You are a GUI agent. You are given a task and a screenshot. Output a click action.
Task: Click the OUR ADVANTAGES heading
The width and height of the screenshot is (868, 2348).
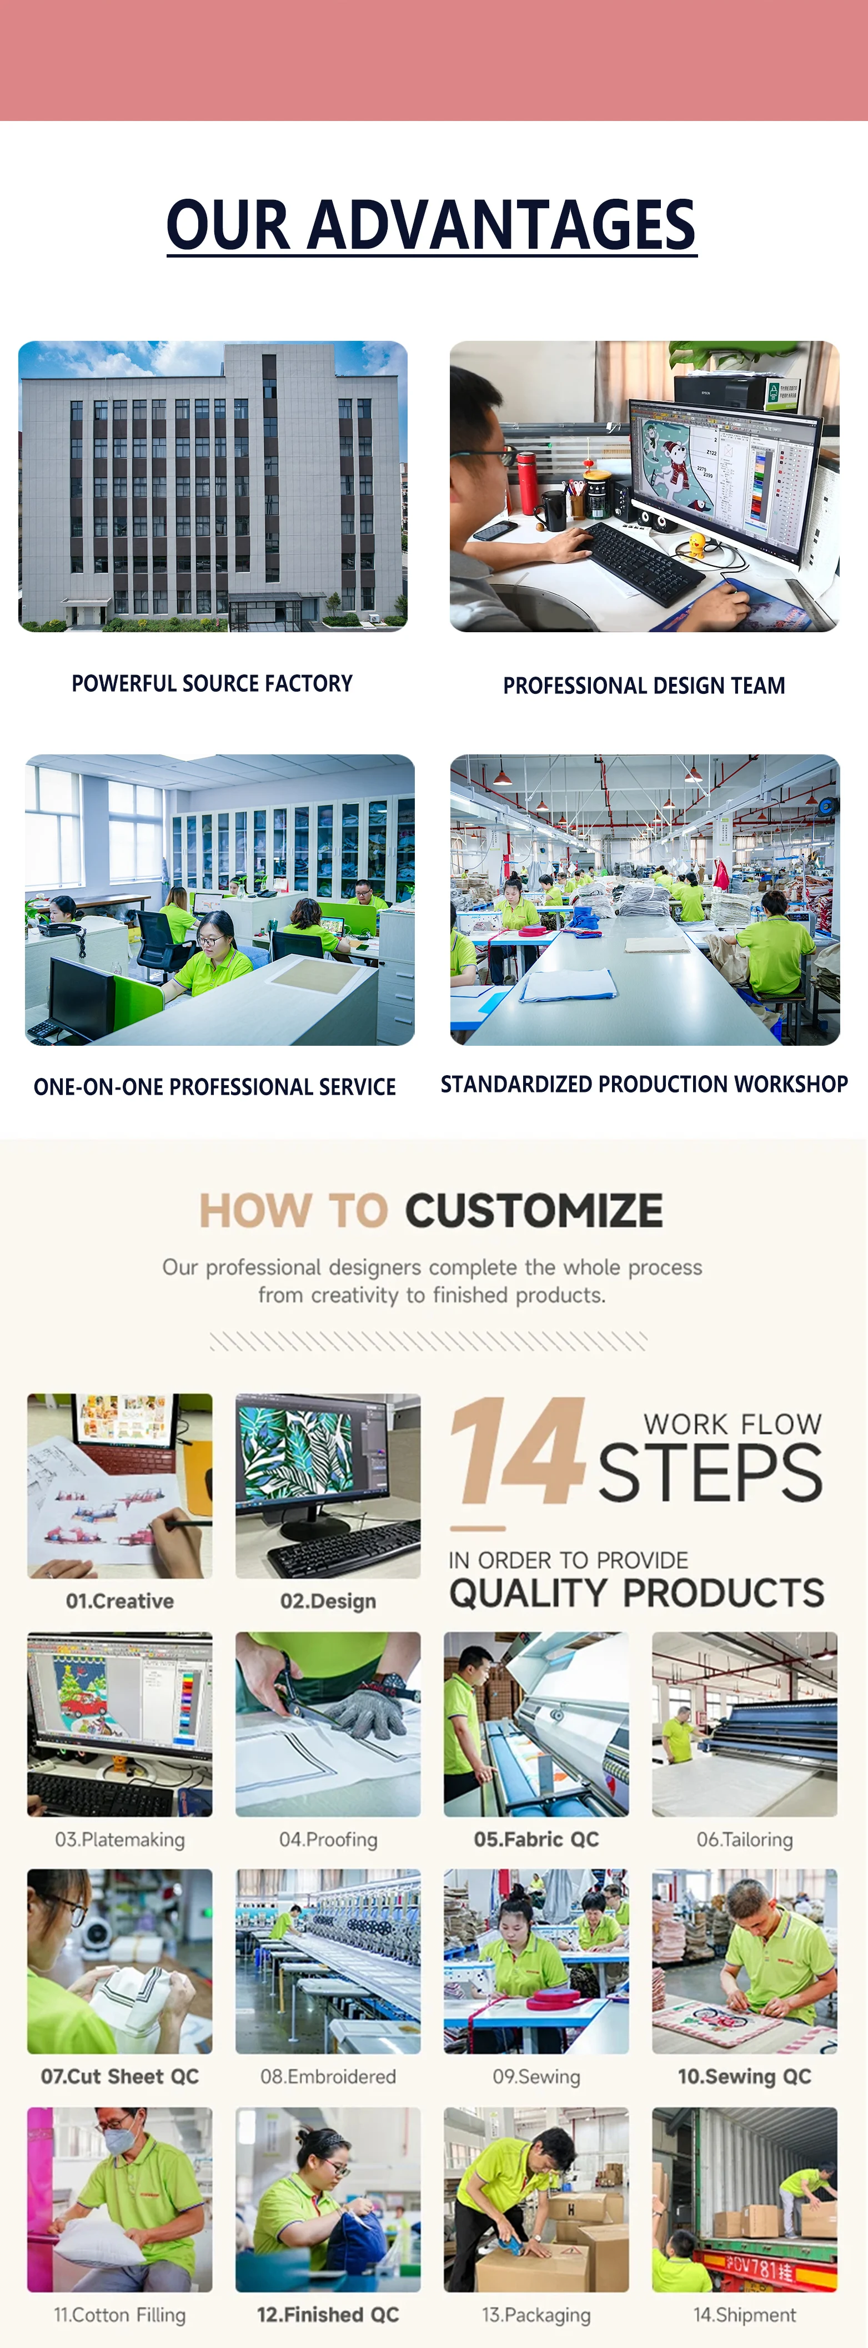(432, 225)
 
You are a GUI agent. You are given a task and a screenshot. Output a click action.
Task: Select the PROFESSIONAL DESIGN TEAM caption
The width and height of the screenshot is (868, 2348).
(644, 686)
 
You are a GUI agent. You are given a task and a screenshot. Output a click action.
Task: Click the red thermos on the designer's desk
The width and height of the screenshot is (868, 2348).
(527, 483)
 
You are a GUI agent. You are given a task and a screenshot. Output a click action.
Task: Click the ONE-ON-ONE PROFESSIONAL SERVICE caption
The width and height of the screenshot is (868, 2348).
(215, 1086)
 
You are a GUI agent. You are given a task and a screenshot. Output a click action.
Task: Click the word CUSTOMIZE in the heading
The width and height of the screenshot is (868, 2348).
(534, 1211)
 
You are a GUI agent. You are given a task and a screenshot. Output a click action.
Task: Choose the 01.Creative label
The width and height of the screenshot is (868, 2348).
(119, 1600)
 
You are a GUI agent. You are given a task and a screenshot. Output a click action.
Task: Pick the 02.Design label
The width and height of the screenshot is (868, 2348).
(328, 1600)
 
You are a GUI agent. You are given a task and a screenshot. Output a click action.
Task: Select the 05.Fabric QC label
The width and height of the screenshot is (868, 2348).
(536, 1840)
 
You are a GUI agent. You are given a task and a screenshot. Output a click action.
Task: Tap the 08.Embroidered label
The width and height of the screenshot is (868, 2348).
(328, 2077)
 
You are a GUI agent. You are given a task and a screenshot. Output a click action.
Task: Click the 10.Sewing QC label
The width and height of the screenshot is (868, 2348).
(744, 2077)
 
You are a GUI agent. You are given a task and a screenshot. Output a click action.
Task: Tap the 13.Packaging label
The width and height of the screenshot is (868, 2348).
(536, 2315)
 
